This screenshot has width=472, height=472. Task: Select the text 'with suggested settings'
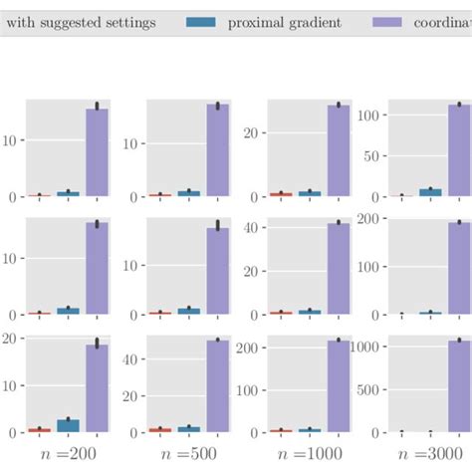[x=81, y=22]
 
